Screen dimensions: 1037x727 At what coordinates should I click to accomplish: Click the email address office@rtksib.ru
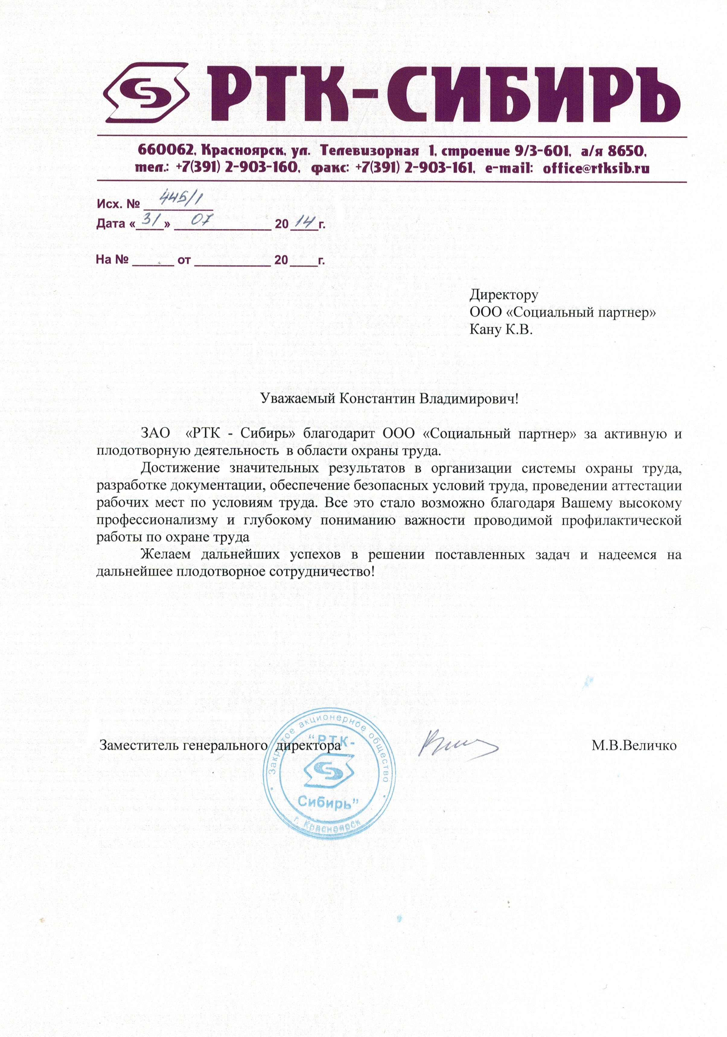[x=596, y=168]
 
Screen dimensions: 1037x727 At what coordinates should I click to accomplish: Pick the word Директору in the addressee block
[x=503, y=295]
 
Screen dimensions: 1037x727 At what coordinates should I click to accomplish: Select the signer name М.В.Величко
[x=633, y=745]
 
